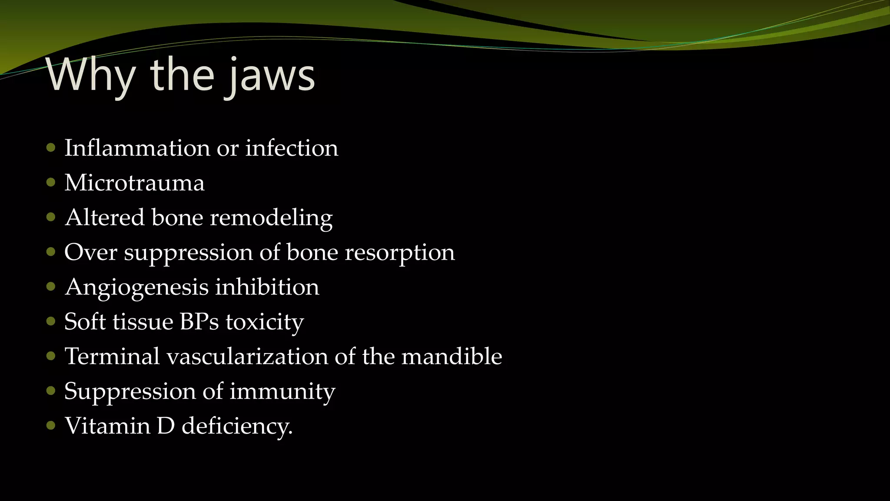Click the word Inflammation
(x=137, y=148)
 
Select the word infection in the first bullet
(x=292, y=148)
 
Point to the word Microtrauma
(x=134, y=183)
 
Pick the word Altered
(x=105, y=217)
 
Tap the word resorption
(x=400, y=252)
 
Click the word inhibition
(x=267, y=287)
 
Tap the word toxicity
(x=265, y=322)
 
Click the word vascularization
(x=247, y=357)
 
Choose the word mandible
(x=452, y=356)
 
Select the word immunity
(x=282, y=391)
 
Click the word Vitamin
(x=107, y=426)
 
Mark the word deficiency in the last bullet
(x=237, y=426)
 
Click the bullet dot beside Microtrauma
(x=51, y=182)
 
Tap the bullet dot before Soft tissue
(x=51, y=321)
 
